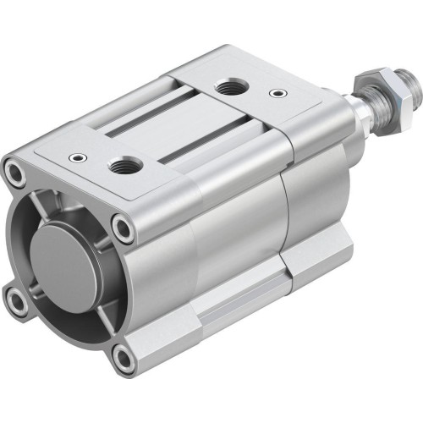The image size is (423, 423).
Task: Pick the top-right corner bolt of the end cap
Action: tap(124, 226)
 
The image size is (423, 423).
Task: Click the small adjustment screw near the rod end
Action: tap(275, 94)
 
